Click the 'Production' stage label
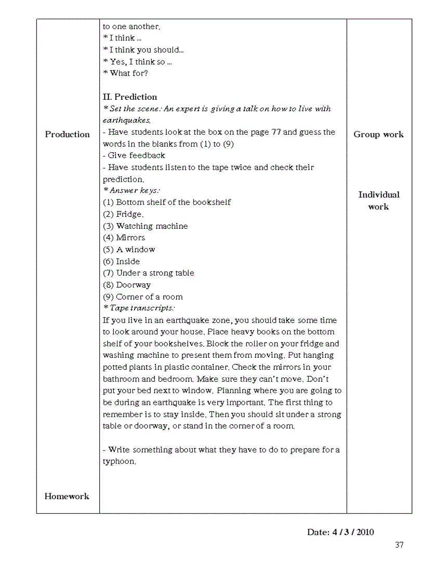pyautogui.click(x=67, y=134)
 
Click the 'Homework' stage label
pyautogui.click(x=67, y=496)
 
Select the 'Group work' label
pyautogui.click(x=378, y=134)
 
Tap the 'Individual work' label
pyautogui.click(x=379, y=201)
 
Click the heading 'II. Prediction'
pyautogui.click(x=130, y=97)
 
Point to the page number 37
pyautogui.click(x=399, y=545)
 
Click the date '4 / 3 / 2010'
pyautogui.click(x=353, y=532)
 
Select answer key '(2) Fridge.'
pyautogui.click(x=124, y=214)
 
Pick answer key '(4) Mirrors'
pyautogui.click(x=124, y=238)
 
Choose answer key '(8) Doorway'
pyautogui.click(x=127, y=285)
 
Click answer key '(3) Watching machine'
pyautogui.click(x=145, y=226)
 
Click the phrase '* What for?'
pyautogui.click(x=126, y=73)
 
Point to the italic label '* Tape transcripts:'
pyautogui.click(x=139, y=308)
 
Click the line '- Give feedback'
pyautogui.click(x=134, y=155)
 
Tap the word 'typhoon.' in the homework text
pyautogui.click(x=120, y=461)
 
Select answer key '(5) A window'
pyautogui.click(x=129, y=250)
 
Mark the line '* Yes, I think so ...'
pyautogui.click(x=138, y=62)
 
